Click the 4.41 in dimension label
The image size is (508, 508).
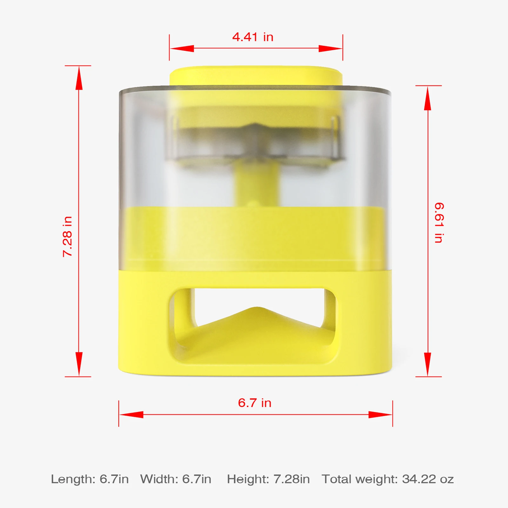tap(253, 37)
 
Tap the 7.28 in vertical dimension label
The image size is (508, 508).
tap(68, 236)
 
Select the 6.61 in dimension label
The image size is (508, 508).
tap(439, 223)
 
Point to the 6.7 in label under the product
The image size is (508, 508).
tap(255, 403)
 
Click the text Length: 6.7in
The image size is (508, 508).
tap(90, 479)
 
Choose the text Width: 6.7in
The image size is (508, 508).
tap(176, 479)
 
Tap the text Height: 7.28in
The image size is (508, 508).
tap(268, 479)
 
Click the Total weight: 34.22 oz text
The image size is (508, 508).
tap(388, 479)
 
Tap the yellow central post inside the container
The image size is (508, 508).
tap(257, 184)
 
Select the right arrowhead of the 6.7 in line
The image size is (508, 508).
tap(380, 415)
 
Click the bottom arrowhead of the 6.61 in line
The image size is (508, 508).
tap(428, 364)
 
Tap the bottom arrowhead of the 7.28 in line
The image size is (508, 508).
tap(79, 364)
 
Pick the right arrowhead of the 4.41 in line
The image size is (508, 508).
tap(331, 49)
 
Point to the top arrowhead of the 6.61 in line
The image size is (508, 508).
tap(428, 98)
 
